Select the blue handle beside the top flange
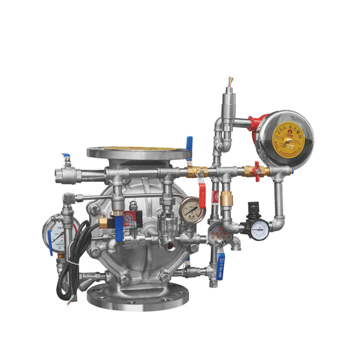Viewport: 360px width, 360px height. [190, 144]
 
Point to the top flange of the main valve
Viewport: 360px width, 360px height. [138, 151]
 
